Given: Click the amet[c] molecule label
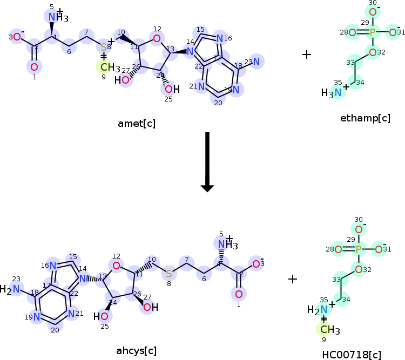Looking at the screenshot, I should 137,124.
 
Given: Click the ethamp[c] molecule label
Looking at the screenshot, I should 366,118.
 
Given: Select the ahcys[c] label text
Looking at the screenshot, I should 137,350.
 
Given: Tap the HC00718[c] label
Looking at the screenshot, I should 352,354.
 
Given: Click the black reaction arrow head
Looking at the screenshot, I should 207,187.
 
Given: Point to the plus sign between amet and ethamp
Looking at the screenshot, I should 307,55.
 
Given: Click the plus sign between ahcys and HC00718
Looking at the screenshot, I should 293,279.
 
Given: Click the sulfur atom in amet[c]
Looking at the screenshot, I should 104,47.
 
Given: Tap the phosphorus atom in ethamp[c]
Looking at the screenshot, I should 373,33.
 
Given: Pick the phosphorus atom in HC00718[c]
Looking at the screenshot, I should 358,249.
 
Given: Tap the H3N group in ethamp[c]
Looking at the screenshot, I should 332,93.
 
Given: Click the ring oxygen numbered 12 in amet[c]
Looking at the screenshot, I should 157,38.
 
